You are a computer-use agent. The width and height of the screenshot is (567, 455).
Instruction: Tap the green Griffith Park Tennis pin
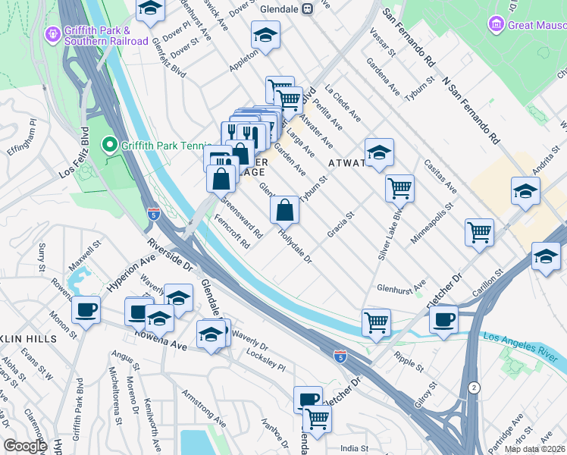coord(108,143)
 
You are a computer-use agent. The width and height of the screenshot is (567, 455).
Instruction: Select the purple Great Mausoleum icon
coord(497,24)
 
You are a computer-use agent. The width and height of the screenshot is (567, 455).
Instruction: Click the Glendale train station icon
coord(307,8)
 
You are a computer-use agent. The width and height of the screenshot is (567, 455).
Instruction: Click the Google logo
coord(25,446)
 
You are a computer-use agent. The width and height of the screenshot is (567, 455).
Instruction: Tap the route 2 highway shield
coord(474,387)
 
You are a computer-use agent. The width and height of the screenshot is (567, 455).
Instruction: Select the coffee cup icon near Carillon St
coord(443,318)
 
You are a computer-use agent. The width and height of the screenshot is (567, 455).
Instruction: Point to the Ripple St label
coord(409,362)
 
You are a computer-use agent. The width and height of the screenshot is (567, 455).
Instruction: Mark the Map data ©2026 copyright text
coord(534,449)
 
